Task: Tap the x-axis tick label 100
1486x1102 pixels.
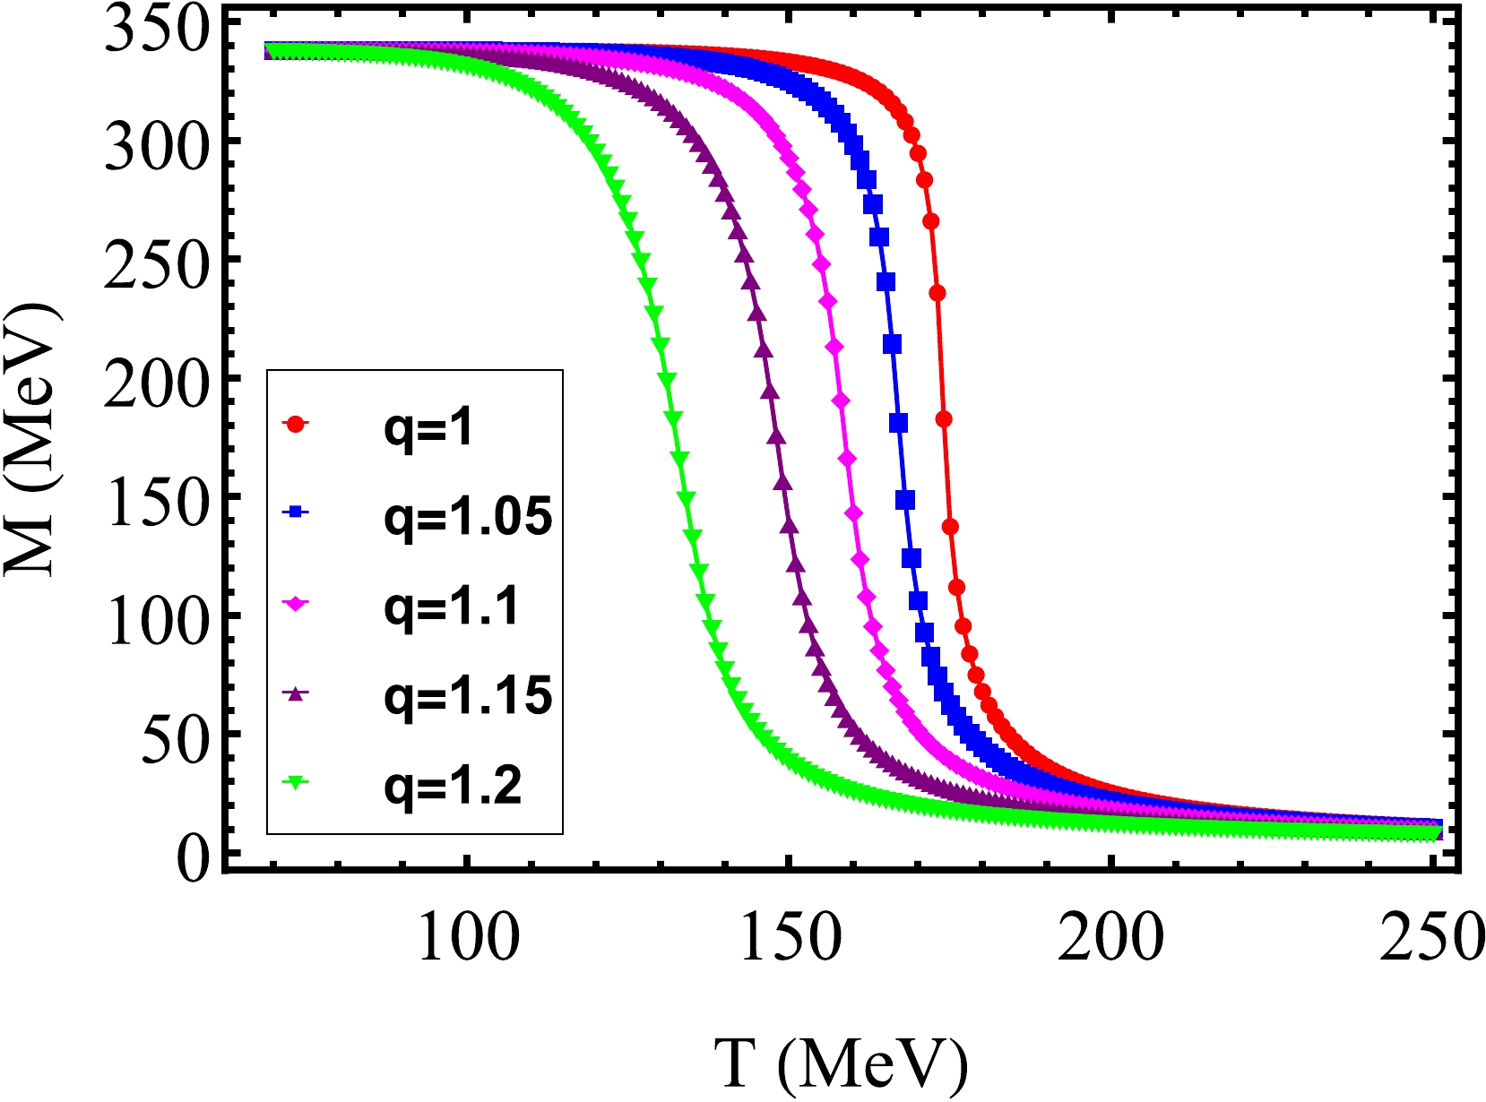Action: tap(468, 938)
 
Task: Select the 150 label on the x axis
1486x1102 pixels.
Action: tap(790, 938)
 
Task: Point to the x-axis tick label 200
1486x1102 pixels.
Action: tap(1110, 938)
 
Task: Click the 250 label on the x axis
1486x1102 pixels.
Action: tap(1430, 938)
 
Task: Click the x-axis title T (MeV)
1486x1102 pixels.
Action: tap(842, 1064)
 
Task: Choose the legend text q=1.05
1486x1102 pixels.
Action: tap(468, 517)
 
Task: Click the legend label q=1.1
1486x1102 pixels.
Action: tap(451, 607)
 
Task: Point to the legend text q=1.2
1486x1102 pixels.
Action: tap(453, 786)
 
